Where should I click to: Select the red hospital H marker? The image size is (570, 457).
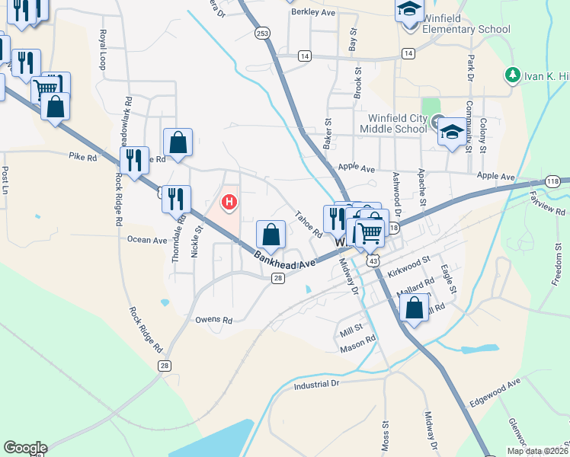[228, 203]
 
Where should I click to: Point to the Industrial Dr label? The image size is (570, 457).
[315, 385]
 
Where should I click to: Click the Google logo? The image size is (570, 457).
[25, 448]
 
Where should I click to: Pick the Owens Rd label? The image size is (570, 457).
[213, 321]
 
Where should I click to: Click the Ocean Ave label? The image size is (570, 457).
[147, 240]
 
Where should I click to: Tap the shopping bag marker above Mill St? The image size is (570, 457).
[414, 309]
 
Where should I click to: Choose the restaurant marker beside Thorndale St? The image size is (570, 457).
[176, 200]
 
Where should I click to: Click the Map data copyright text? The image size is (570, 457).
[538, 451]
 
